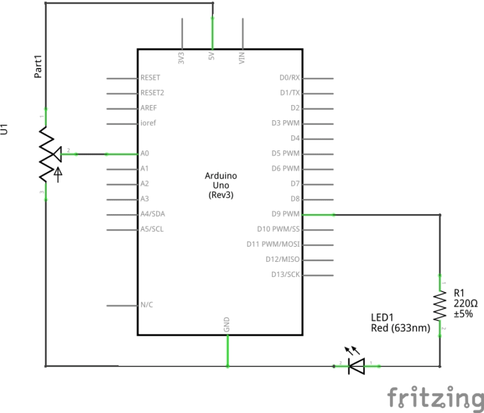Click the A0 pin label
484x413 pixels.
[x=145, y=153]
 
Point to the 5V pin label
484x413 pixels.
[x=211, y=56]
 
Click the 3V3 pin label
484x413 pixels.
[x=181, y=58]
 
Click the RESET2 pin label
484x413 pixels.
[x=153, y=93]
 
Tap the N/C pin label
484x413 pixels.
[x=146, y=305]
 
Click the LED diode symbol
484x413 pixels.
[x=357, y=365]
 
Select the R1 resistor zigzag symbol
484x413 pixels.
[x=440, y=306]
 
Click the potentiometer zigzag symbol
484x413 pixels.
[x=45, y=154]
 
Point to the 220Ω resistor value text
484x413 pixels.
[x=465, y=303]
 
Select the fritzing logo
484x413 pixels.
[x=435, y=397]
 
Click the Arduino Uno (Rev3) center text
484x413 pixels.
[x=221, y=186]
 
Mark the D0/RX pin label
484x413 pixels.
[x=289, y=77]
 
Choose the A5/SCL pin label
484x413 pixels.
[x=152, y=229]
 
